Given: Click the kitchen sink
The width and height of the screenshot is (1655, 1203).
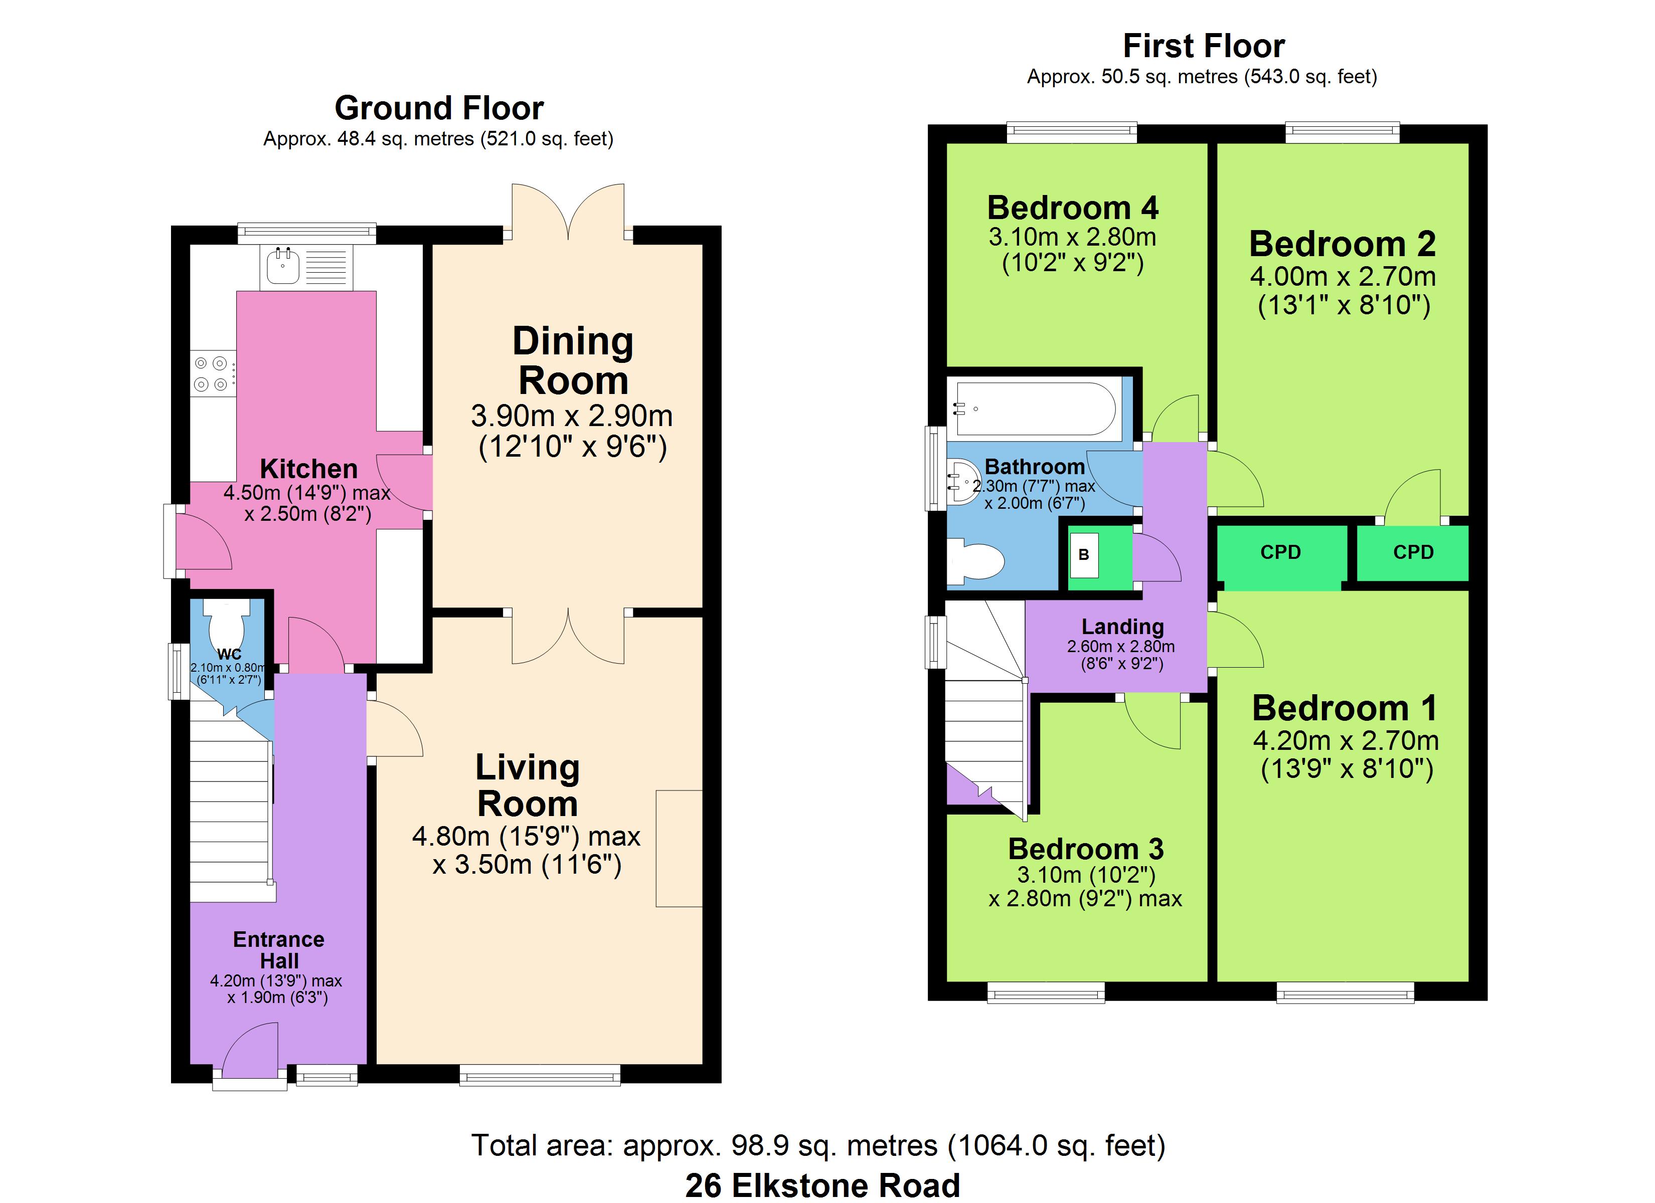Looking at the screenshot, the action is [x=306, y=267].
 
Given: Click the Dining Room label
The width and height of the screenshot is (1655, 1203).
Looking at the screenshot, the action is [x=573, y=361].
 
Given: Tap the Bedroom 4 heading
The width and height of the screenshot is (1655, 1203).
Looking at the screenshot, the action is [x=1073, y=208].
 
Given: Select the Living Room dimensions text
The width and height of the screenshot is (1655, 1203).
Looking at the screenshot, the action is [x=526, y=850].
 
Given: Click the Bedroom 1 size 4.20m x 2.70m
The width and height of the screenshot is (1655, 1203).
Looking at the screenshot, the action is [x=1347, y=740].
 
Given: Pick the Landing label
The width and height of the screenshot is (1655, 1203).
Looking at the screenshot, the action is [x=1122, y=627].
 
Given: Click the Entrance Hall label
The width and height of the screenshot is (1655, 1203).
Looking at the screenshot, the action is [x=279, y=950].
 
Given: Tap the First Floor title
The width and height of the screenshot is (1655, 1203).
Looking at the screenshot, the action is [x=1203, y=46].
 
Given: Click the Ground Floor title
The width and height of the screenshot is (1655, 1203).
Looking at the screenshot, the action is [x=439, y=108].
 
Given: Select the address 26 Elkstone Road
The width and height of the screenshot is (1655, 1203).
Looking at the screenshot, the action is [x=822, y=1185].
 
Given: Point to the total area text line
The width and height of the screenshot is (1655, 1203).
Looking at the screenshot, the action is [x=818, y=1145].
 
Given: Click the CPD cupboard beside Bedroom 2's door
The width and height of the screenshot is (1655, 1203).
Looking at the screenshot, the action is [x=1413, y=552].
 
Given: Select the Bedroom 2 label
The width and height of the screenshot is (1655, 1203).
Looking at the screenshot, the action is [x=1342, y=244].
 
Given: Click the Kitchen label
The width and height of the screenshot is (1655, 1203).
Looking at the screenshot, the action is [x=308, y=468].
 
